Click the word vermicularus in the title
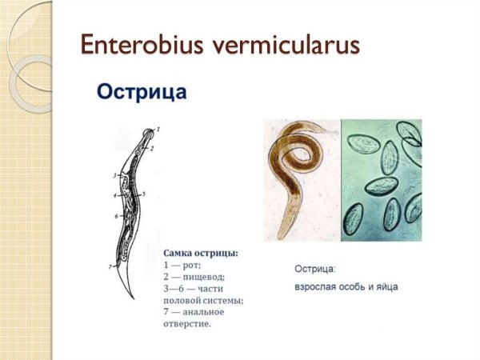point(285,45)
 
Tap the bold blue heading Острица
point(142,91)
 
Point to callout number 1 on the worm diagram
point(158,129)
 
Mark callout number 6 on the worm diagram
point(116,216)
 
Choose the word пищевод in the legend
point(202,277)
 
